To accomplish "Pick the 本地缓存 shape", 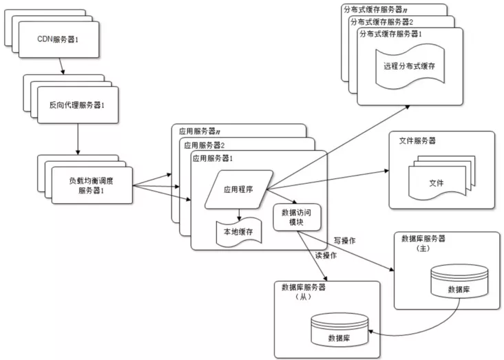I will click(x=235, y=231).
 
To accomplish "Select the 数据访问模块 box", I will click(x=297, y=218).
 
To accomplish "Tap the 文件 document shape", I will click(x=437, y=183).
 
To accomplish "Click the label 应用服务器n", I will click(x=199, y=130).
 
